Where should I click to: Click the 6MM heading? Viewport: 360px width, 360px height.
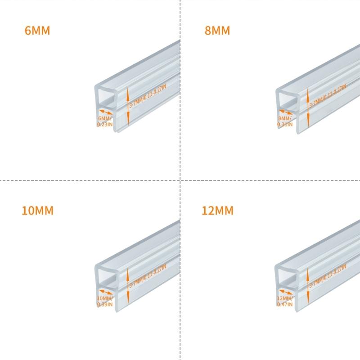pyautogui.click(x=37, y=31)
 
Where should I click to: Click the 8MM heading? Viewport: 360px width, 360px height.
pyautogui.click(x=217, y=31)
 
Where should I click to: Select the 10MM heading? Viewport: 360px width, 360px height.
pyautogui.click(x=37, y=210)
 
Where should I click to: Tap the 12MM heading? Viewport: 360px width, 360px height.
pyautogui.click(x=218, y=210)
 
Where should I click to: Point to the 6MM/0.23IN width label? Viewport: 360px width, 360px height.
pyautogui.click(x=104, y=121)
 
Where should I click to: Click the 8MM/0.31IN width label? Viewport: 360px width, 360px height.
pyautogui.click(x=285, y=121)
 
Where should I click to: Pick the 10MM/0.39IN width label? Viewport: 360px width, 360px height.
pyautogui.click(x=104, y=301)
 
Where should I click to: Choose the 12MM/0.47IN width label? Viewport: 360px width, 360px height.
pyautogui.click(x=285, y=301)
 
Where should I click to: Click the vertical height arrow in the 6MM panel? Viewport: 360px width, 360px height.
pyautogui.click(x=128, y=107)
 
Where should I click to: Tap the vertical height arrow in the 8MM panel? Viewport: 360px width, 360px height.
pyautogui.click(x=308, y=107)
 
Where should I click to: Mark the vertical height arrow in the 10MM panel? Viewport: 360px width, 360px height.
pyautogui.click(x=128, y=287)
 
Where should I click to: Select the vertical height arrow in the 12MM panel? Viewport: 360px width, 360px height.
pyautogui.click(x=308, y=287)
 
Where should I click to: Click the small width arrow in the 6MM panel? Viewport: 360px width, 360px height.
pyautogui.click(x=106, y=112)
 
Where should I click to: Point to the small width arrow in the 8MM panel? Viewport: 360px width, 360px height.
pyautogui.click(x=286, y=112)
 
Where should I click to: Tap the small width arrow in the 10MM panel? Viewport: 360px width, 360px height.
pyautogui.click(x=106, y=292)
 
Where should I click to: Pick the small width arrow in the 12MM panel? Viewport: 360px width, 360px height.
pyautogui.click(x=286, y=292)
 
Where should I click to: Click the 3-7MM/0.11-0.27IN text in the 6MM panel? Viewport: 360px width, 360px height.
pyautogui.click(x=148, y=95)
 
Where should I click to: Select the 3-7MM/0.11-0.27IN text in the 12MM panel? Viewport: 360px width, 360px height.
pyautogui.click(x=328, y=275)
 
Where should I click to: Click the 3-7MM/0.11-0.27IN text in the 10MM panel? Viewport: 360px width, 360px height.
pyautogui.click(x=148, y=275)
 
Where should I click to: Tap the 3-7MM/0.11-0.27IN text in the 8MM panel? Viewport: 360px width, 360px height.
pyautogui.click(x=328, y=95)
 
